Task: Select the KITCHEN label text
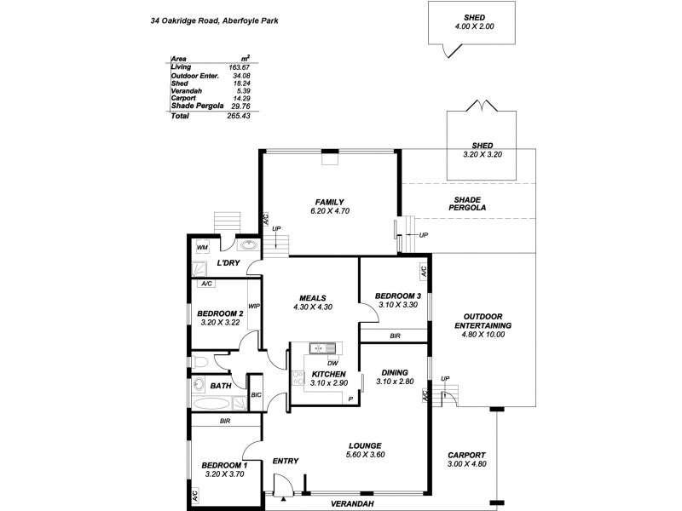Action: [328, 374]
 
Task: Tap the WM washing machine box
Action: [202, 248]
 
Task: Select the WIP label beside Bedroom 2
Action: [254, 306]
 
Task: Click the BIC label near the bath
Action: [257, 395]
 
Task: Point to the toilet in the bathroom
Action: [199, 364]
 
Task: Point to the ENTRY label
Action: [285, 462]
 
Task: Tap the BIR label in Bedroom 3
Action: [395, 336]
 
